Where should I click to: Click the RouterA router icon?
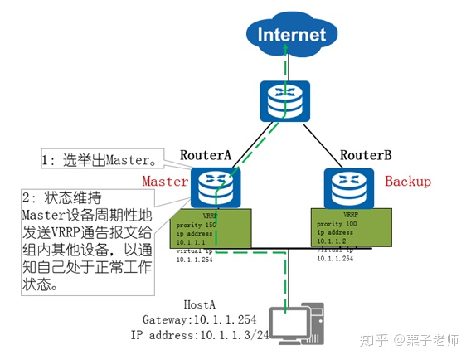pos(214,187)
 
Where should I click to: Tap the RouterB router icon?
pos(345,187)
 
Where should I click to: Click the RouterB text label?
pos(366,155)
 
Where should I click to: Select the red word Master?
pos(165,180)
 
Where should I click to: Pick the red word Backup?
pos(407,181)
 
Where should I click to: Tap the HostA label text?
pos(196,305)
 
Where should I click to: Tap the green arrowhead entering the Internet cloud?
pos(287,50)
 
